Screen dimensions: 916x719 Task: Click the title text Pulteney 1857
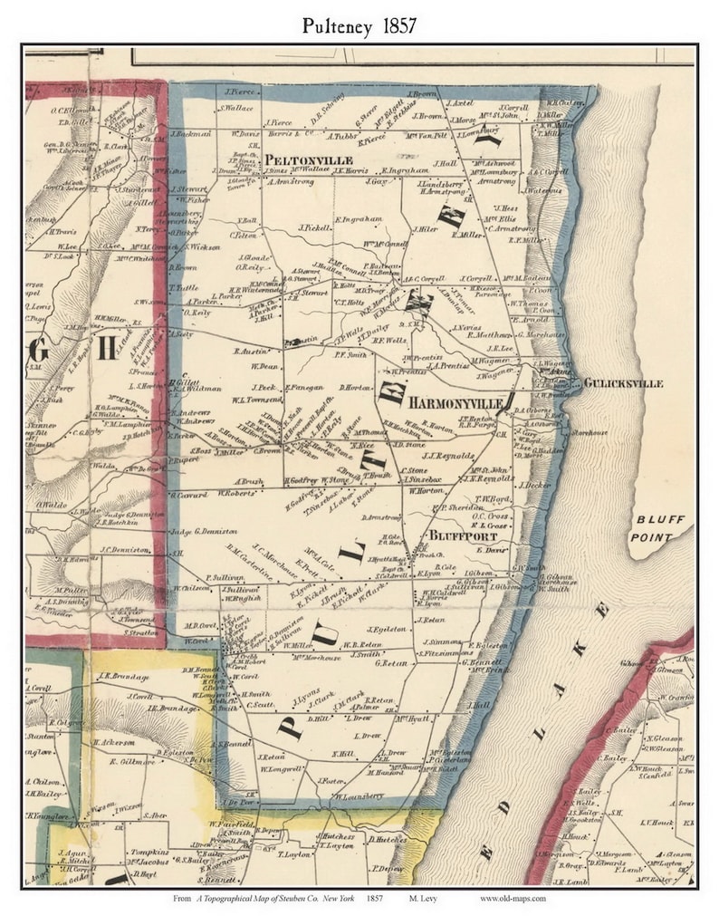click(x=359, y=25)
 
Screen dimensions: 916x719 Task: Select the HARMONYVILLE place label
click(x=455, y=401)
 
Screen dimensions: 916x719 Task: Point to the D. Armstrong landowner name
click(x=381, y=516)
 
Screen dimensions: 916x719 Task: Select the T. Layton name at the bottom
click(x=294, y=854)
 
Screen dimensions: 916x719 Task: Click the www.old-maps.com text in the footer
click(x=513, y=899)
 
